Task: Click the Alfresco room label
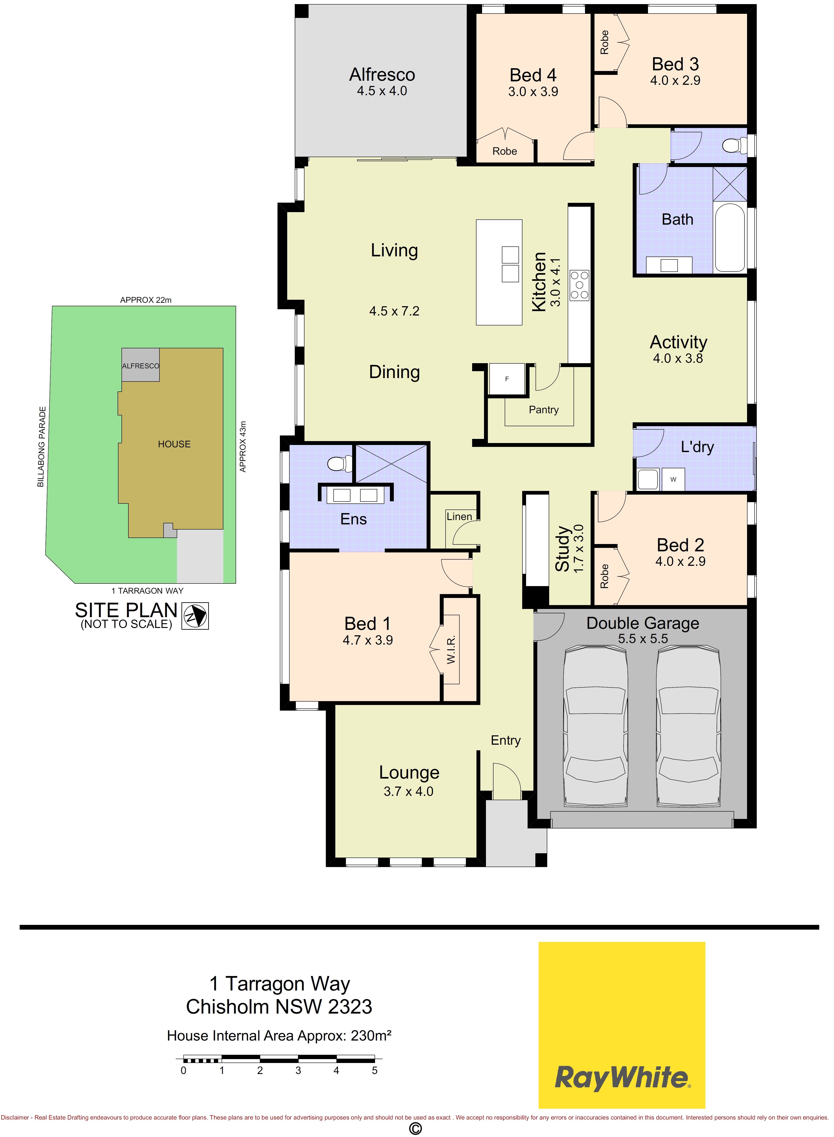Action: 382,75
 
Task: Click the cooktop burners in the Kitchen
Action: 579,285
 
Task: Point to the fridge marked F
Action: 507,379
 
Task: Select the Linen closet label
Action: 459,517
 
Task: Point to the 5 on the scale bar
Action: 375,1070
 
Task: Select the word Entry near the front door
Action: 506,741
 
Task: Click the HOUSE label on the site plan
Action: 174,444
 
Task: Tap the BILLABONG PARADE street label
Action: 41,447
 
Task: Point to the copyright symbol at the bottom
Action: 415,1128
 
